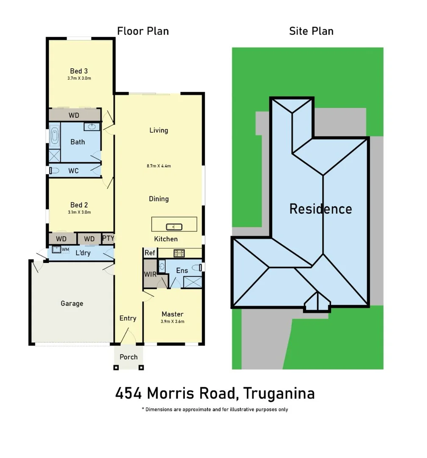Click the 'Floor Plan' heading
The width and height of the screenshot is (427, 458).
pos(143,31)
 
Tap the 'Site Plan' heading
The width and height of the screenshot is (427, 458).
pos(311,31)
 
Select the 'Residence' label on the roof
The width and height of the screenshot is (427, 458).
pos(321,209)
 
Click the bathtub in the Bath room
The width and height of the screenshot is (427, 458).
pos(55,136)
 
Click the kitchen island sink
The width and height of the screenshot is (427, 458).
pos(174,226)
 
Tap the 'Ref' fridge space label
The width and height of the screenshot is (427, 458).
pos(150,253)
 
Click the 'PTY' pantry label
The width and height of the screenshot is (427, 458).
pos(108,239)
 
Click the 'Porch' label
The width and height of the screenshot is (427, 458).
pos(128,357)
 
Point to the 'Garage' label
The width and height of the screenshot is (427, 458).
pos(72,304)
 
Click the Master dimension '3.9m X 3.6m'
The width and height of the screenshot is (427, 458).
pos(173,321)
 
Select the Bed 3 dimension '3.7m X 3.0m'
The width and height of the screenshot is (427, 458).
pos(79,78)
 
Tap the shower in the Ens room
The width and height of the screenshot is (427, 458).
pos(193,282)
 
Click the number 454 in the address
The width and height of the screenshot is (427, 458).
pos(129,394)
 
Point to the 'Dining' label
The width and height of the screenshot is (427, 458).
pos(159,198)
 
